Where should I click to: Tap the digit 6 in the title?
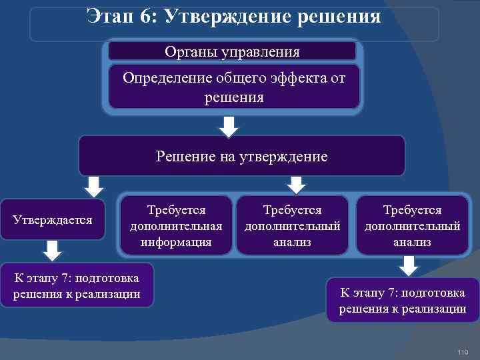146,15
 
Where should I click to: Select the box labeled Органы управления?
232,51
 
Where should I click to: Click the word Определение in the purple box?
167,78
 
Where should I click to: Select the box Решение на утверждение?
241,157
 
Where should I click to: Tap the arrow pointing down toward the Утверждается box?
94,186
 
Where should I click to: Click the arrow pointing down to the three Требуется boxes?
297,185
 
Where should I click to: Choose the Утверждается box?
53,219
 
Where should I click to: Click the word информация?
176,242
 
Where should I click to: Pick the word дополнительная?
176,226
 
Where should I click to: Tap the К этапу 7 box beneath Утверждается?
77,285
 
